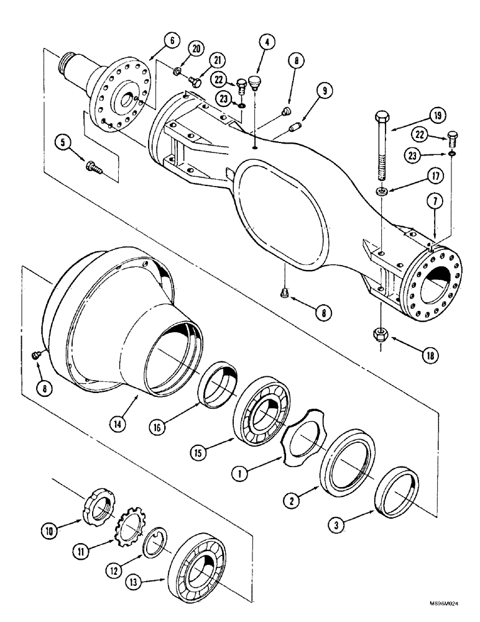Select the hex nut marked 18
pyautogui.click(x=380, y=334)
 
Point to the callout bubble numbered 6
pyautogui.click(x=173, y=42)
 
